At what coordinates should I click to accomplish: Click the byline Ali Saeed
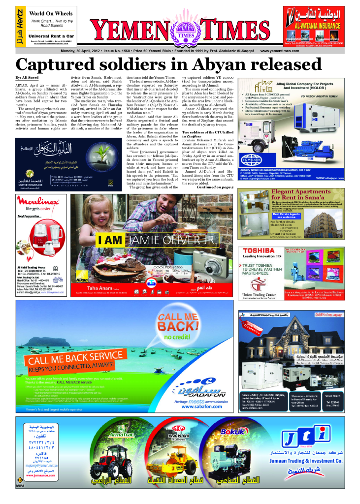tap(28, 78)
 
